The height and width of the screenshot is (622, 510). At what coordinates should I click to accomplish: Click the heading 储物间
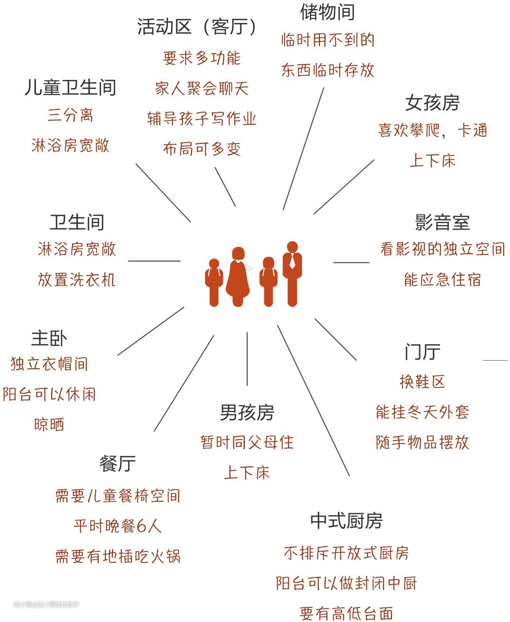pyautogui.click(x=327, y=12)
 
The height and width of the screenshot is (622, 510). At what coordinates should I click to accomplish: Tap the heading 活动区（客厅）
pyautogui.click(x=197, y=27)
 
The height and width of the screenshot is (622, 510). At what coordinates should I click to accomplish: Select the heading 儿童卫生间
pyautogui.click(x=70, y=88)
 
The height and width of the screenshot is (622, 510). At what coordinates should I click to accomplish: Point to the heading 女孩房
pyautogui.click(x=432, y=103)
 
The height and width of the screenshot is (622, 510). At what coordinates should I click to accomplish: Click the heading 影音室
pyautogui.click(x=442, y=222)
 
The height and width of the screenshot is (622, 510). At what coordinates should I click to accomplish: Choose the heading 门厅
pyautogui.click(x=422, y=352)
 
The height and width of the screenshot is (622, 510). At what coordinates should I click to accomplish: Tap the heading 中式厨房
pyautogui.click(x=346, y=521)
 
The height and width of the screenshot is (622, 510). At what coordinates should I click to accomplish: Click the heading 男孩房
pyautogui.click(x=247, y=413)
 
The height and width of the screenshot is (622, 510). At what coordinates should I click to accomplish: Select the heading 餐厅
pyautogui.click(x=118, y=464)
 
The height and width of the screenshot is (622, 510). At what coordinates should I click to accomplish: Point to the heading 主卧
pyautogui.click(x=49, y=338)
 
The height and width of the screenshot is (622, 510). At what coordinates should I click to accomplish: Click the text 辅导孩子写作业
pyautogui.click(x=202, y=119)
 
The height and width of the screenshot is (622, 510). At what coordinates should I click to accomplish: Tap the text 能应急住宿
pyautogui.click(x=442, y=280)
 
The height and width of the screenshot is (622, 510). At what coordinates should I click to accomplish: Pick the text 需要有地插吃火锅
pyautogui.click(x=118, y=556)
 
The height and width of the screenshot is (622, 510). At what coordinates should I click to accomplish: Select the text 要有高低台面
pyautogui.click(x=346, y=613)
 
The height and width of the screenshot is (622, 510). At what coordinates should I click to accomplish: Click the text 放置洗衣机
pyautogui.click(x=76, y=280)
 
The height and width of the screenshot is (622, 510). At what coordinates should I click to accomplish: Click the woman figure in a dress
pyautogui.click(x=238, y=276)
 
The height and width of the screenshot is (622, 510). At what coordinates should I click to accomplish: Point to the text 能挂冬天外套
pyautogui.click(x=422, y=412)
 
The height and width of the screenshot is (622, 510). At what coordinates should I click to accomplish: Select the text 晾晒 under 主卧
pyautogui.click(x=49, y=424)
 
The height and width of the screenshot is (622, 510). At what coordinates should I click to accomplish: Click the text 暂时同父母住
pyautogui.click(x=247, y=442)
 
